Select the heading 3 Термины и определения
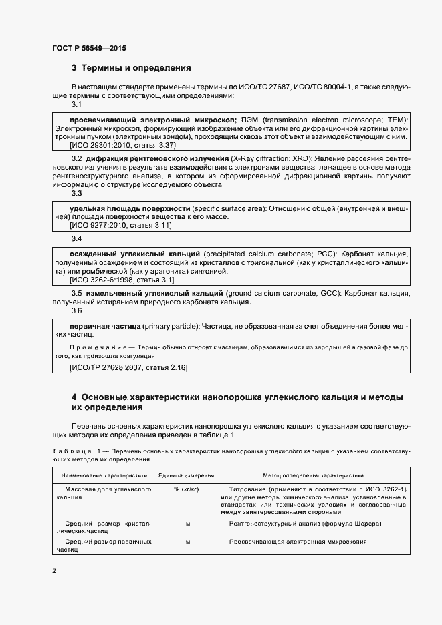coord(131,68)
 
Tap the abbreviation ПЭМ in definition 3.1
coord(251,119)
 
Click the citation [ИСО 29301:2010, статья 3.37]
coord(122,144)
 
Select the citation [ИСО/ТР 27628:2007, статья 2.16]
coord(128,367)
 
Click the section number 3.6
coord(76,310)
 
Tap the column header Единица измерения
coord(186,475)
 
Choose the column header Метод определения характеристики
coord(313,475)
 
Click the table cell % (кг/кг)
coord(186,489)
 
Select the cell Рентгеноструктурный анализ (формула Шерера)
coord(305,524)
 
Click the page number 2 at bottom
coord(53,572)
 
